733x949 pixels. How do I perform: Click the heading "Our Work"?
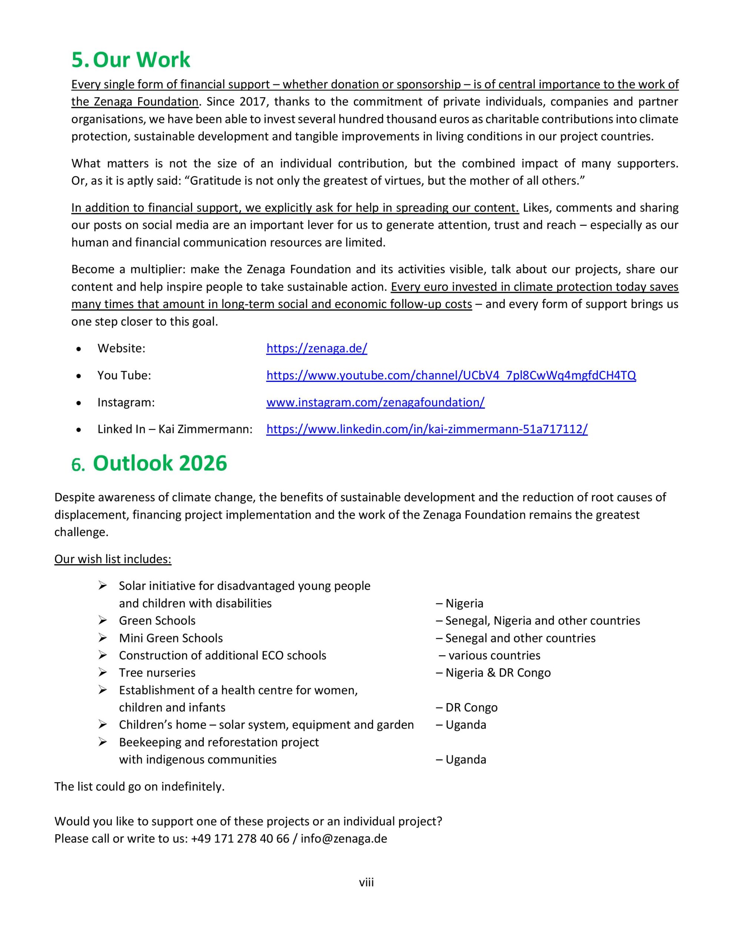142,60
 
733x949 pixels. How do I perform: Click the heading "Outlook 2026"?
160,463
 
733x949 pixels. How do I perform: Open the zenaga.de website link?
317,348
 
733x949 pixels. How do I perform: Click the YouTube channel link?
451,376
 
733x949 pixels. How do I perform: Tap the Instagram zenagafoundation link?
375,402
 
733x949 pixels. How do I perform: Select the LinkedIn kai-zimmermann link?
427,429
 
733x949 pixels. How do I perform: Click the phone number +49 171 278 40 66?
240,839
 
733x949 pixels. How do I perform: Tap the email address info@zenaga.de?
344,839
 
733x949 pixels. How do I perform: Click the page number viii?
366,883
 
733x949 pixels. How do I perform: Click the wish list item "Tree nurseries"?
157,673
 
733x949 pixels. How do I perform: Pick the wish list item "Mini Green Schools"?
171,638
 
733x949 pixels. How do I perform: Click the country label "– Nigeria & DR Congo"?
493,673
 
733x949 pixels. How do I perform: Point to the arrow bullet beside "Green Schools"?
103,620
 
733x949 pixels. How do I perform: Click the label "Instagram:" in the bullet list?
126,402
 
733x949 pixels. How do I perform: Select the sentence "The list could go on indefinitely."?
139,787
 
